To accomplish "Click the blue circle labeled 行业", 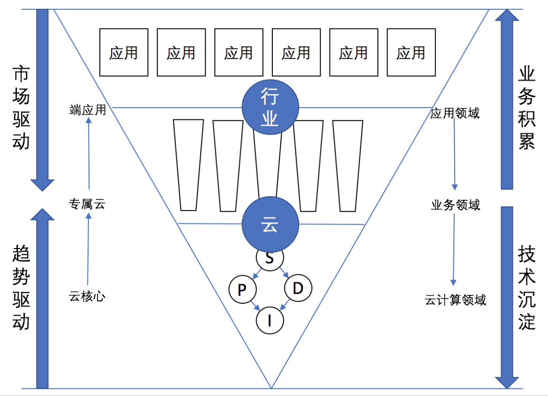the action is click(270, 107).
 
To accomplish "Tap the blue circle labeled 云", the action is click(270, 224).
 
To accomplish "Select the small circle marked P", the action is click(242, 289).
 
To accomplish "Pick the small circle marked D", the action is click(298, 288).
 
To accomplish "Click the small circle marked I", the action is click(270, 320).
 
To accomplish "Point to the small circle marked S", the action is click(270, 259).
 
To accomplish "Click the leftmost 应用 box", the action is click(124, 52).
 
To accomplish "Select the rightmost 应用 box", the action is click(411, 52).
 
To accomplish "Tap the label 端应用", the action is click(88, 110).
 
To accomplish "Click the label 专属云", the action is click(87, 204).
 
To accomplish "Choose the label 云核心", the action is click(87, 296).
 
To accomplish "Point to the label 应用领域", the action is click(455, 113).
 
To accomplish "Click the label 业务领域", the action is click(455, 205).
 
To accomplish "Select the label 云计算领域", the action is click(455, 300).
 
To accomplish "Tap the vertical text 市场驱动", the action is click(21, 108).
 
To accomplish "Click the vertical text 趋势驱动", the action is click(21, 287).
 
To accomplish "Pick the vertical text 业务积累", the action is click(527, 108).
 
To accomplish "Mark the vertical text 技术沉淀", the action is click(527, 287).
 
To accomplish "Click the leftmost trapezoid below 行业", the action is click(188, 165).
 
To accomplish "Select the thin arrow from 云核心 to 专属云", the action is click(88, 249).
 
